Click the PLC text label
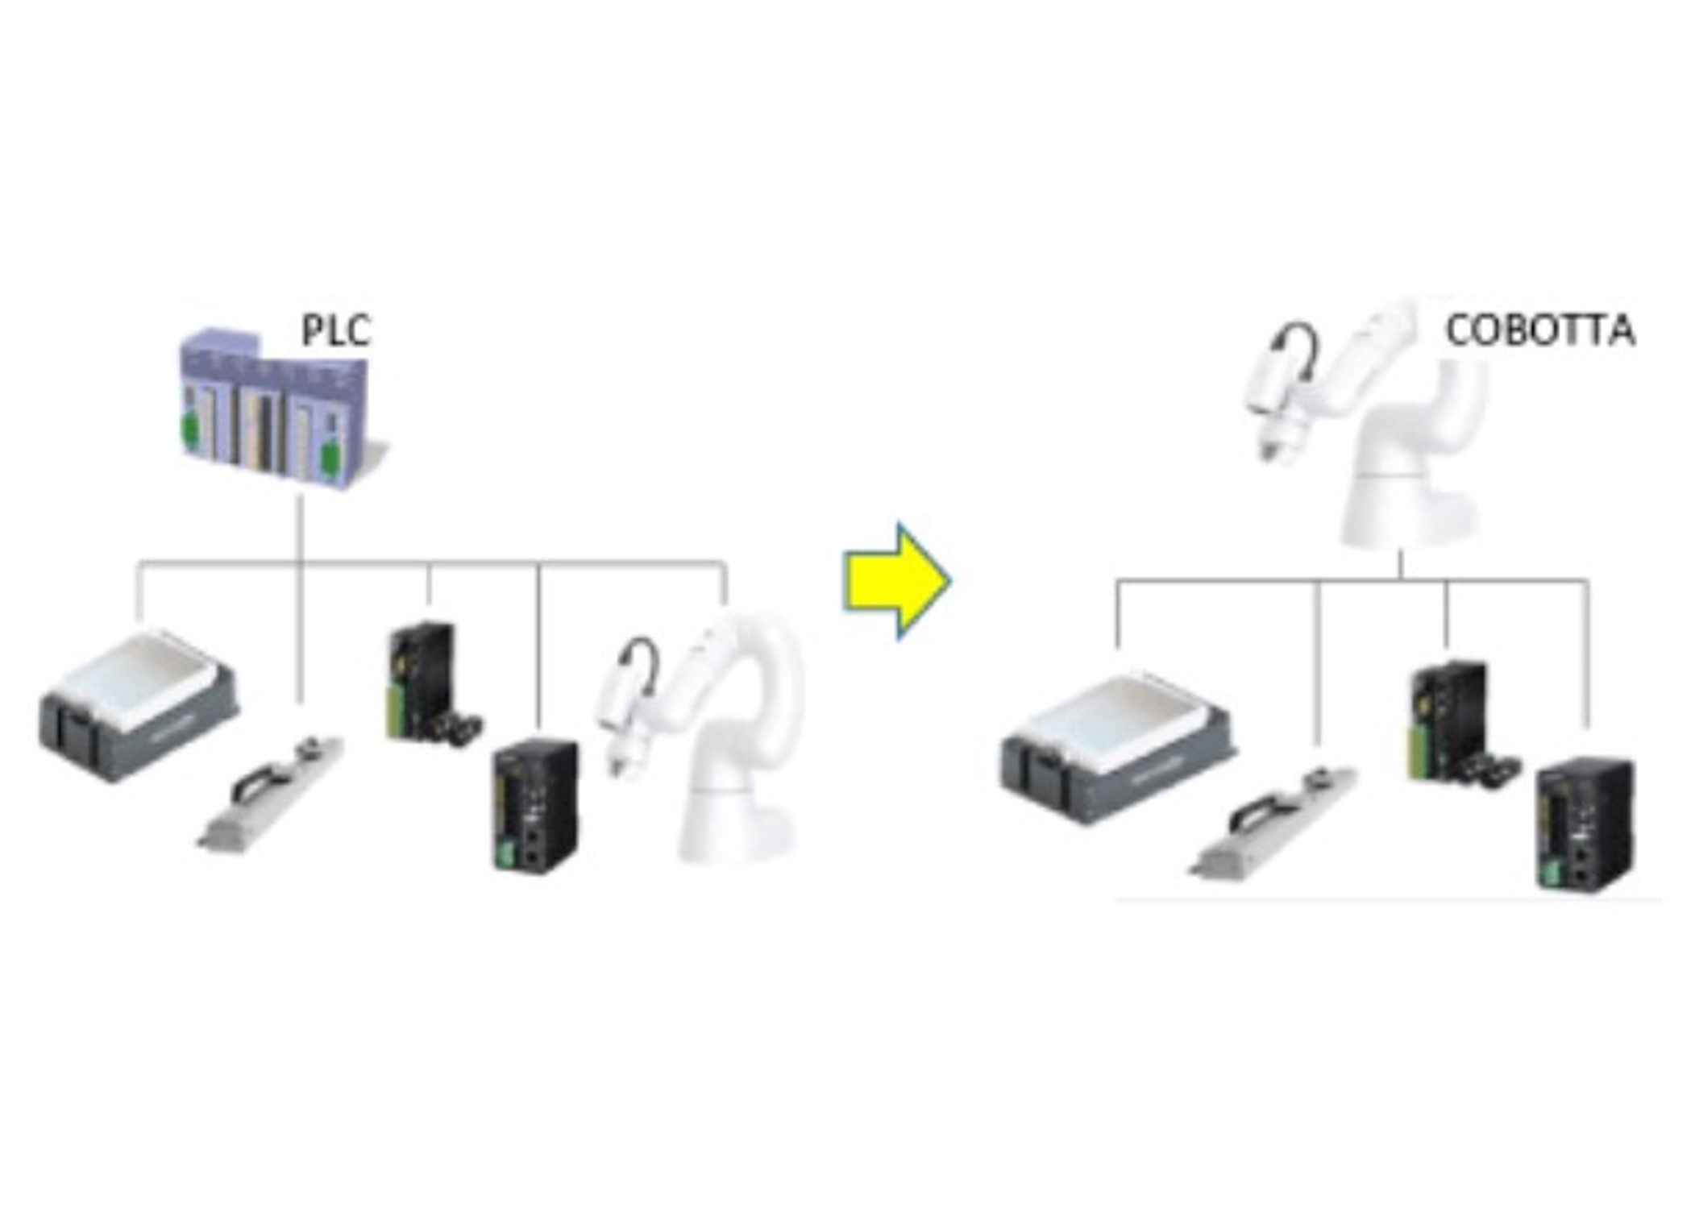[x=335, y=330]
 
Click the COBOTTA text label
[x=1539, y=331]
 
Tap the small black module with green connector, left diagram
[x=423, y=681]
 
